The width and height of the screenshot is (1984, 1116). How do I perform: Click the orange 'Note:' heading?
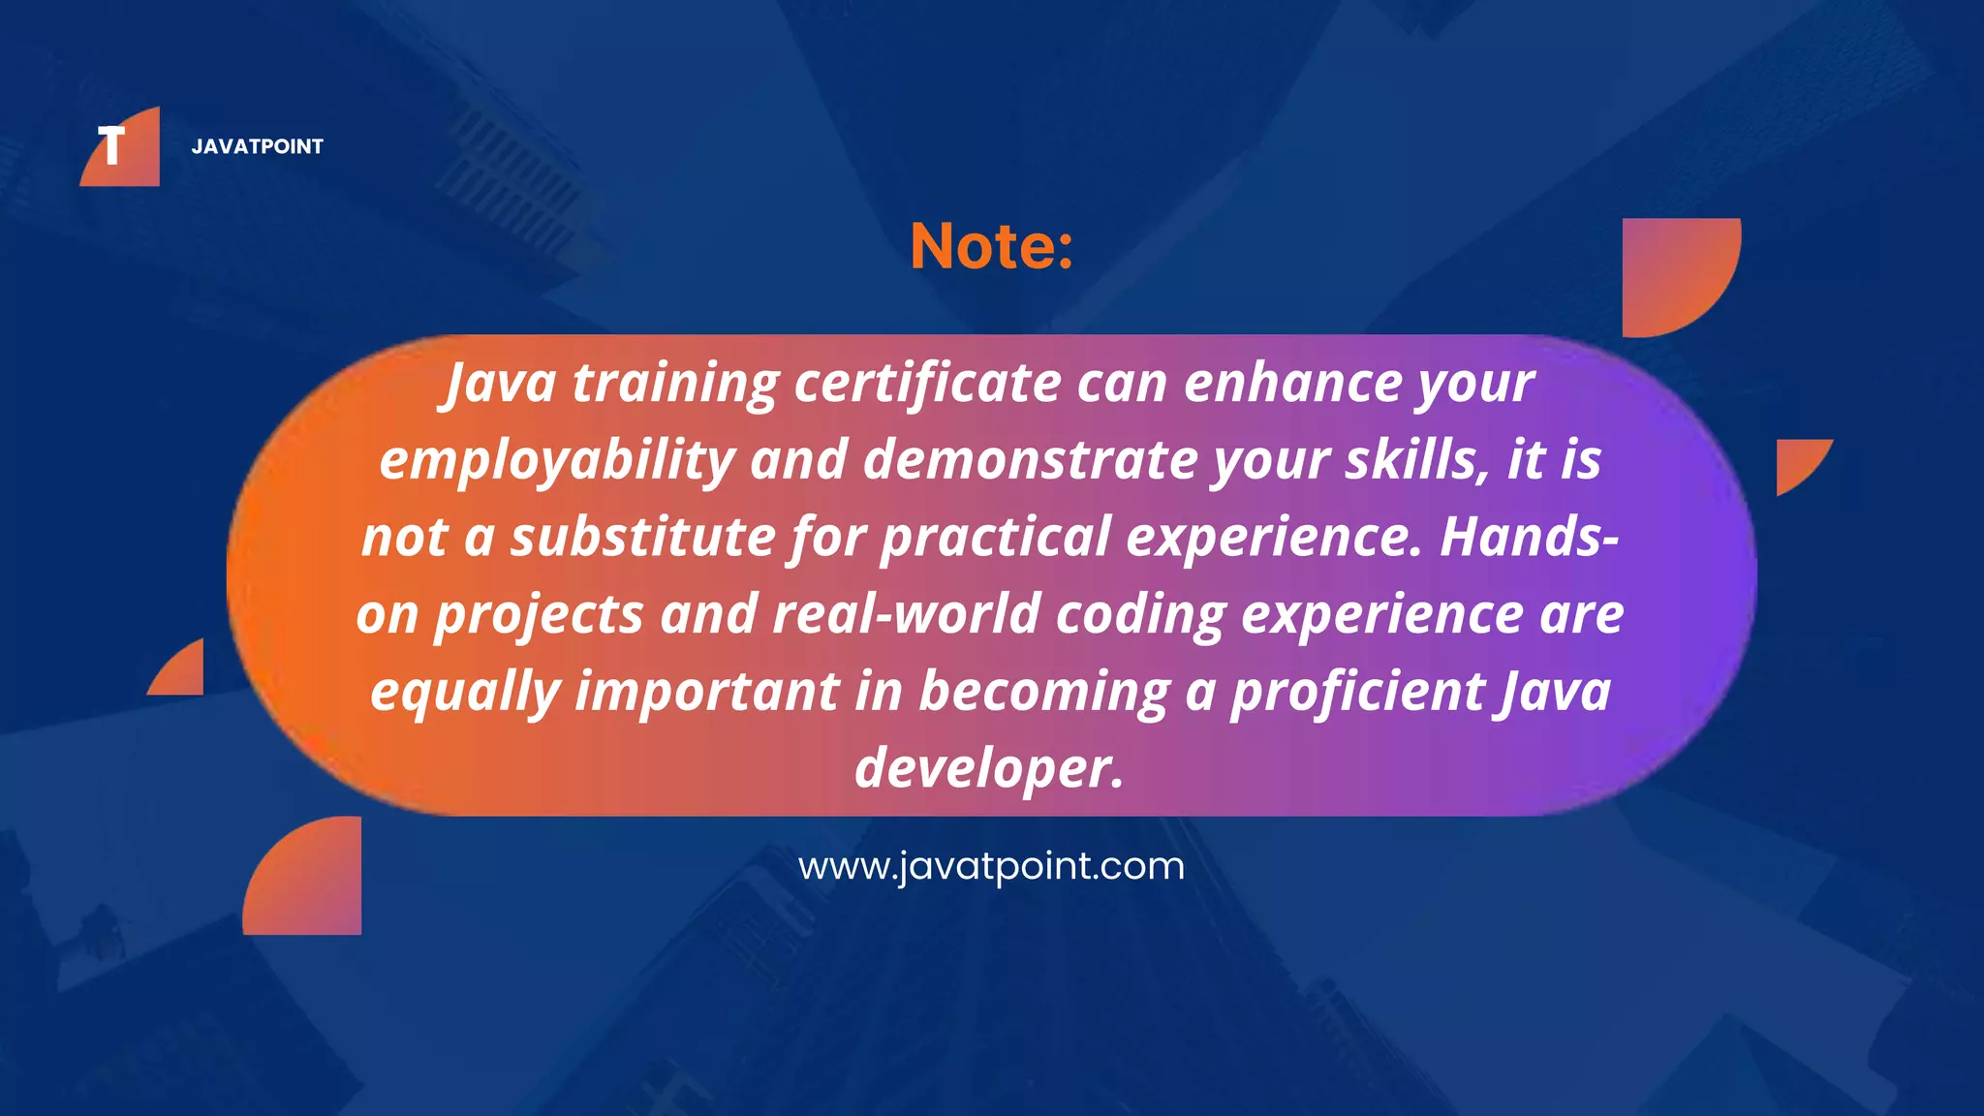(991, 246)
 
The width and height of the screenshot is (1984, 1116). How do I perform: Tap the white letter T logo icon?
(112, 146)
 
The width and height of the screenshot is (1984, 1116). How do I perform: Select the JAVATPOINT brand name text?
(257, 146)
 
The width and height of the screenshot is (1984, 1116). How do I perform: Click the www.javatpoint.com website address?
(991, 865)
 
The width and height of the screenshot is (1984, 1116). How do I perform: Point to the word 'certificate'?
(927, 383)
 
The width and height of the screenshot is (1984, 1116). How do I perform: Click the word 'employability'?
(556, 461)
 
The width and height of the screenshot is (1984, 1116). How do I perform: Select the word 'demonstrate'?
(1029, 459)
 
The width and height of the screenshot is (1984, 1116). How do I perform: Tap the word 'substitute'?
(642, 537)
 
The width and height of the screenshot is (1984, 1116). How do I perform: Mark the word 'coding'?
(1140, 615)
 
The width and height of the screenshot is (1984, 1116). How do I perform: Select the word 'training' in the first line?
(675, 384)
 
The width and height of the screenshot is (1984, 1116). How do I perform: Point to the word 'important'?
(707, 692)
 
